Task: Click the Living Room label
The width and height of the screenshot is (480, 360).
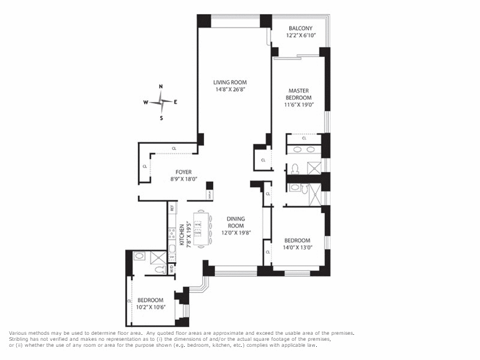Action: [x=231, y=82]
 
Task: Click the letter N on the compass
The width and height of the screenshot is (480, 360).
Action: [x=161, y=87]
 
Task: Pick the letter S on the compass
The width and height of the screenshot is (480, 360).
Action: [x=161, y=118]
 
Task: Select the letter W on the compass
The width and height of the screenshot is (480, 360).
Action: [x=146, y=103]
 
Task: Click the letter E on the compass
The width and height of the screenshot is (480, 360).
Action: [x=175, y=103]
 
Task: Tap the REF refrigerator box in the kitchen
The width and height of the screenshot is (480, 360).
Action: [x=172, y=208]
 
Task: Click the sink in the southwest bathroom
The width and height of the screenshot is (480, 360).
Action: [x=139, y=256]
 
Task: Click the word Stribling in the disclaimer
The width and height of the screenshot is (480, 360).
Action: [x=20, y=339]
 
